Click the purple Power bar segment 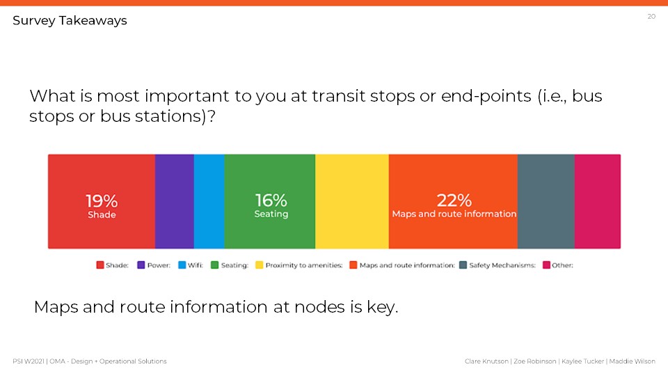click(x=174, y=201)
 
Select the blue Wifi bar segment click(x=209, y=201)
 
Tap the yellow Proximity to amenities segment click(x=352, y=201)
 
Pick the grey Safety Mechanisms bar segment click(x=546, y=201)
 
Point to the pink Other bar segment click(x=598, y=201)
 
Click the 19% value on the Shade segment click(x=102, y=201)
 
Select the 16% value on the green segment click(x=271, y=200)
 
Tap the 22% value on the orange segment click(x=454, y=200)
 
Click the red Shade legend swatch click(x=100, y=265)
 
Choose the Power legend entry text click(x=159, y=265)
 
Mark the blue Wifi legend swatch click(x=182, y=265)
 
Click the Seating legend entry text click(x=234, y=265)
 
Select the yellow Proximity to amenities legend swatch click(x=259, y=265)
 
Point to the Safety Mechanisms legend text click(x=502, y=265)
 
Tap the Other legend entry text click(x=562, y=265)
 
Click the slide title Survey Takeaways click(x=70, y=20)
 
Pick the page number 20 click(x=651, y=17)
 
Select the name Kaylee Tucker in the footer click(x=583, y=361)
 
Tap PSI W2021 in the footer click(x=28, y=361)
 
